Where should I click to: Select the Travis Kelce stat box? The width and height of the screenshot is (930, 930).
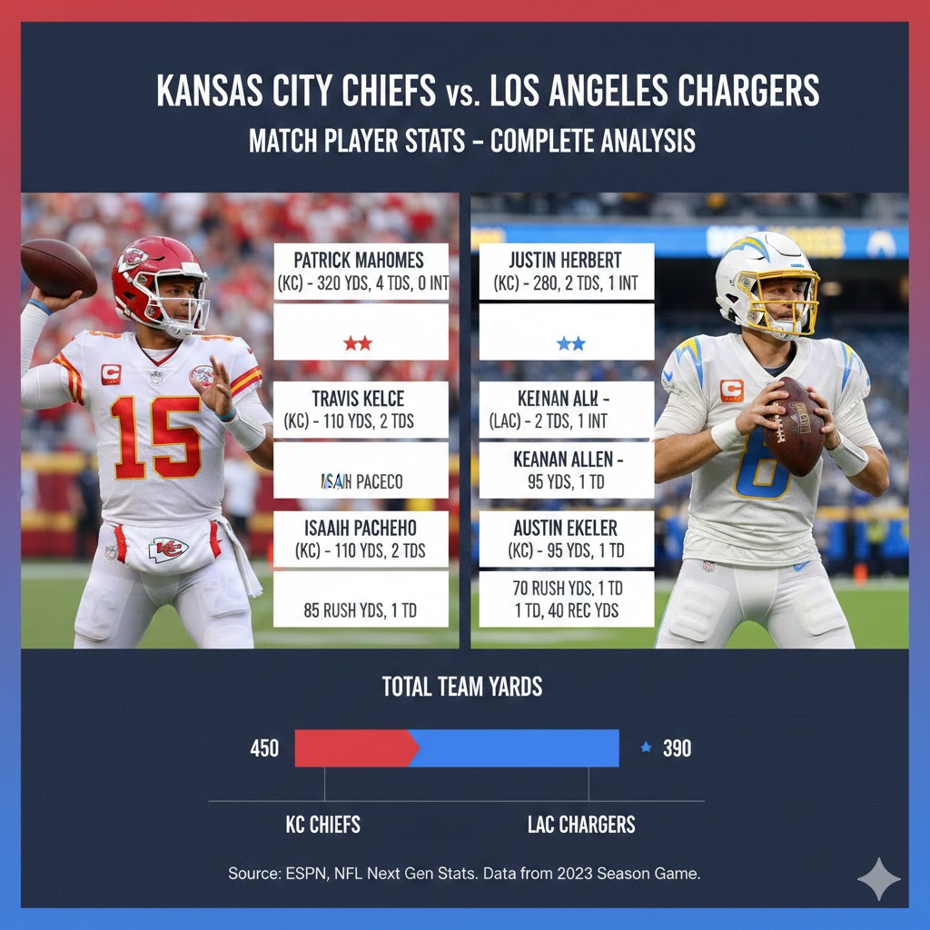click(x=361, y=410)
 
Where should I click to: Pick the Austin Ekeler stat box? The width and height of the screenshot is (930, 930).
click(x=567, y=539)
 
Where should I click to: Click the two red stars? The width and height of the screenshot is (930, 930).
click(x=357, y=343)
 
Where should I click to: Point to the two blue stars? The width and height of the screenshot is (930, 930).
click(x=571, y=343)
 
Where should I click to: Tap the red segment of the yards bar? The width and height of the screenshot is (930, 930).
click(x=354, y=748)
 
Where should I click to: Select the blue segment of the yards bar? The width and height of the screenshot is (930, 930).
click(x=518, y=748)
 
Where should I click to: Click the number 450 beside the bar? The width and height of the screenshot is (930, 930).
click(x=264, y=749)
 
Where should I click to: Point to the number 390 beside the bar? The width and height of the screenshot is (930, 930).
click(x=677, y=749)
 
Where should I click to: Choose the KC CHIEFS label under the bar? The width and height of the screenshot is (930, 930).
click(x=323, y=825)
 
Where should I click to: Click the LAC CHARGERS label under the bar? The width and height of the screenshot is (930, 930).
click(x=581, y=825)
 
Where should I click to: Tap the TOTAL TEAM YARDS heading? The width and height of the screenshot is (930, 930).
click(x=462, y=687)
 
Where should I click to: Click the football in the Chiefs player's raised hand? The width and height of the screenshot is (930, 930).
click(x=58, y=267)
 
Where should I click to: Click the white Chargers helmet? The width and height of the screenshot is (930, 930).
click(x=763, y=277)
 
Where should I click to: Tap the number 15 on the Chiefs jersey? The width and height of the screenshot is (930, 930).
click(x=156, y=436)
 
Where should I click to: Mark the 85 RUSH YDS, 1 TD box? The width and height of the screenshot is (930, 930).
click(x=361, y=609)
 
